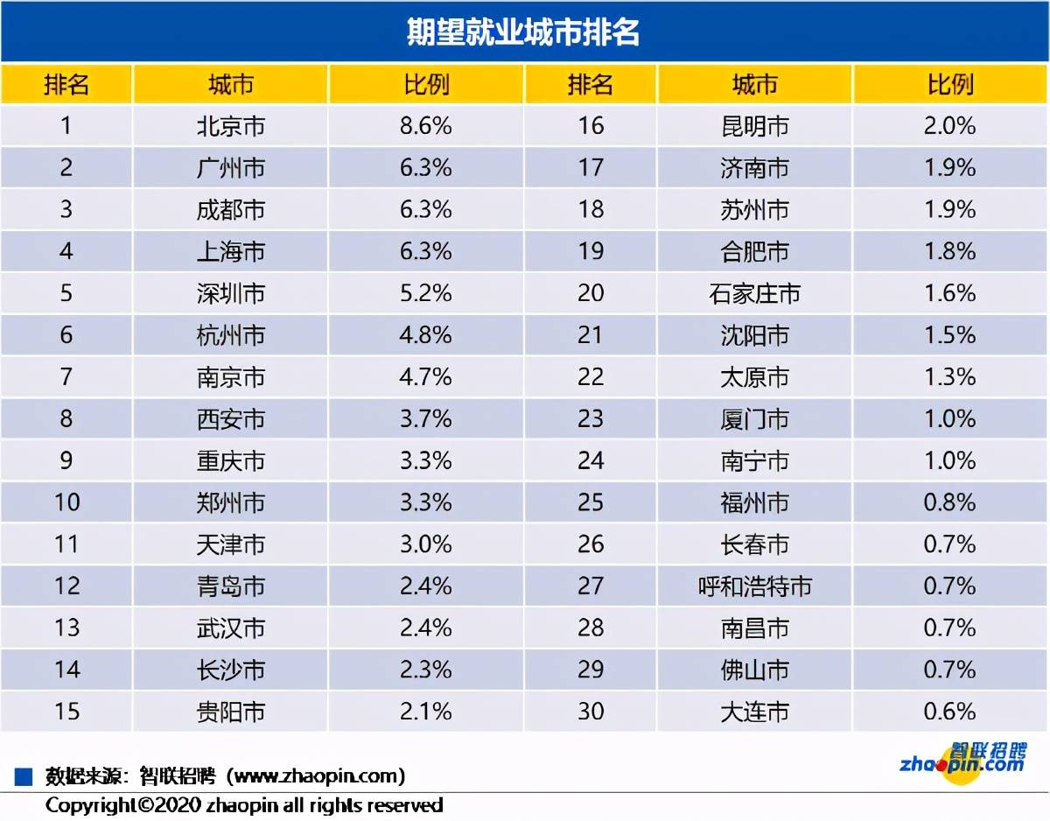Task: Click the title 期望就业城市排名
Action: [x=524, y=32]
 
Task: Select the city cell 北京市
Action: [x=230, y=126]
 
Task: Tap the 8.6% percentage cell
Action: [x=426, y=126]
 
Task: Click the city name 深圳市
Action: [x=230, y=293]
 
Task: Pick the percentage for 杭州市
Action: [x=426, y=335]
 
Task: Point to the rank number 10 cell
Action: [x=66, y=502]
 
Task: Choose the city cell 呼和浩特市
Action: [x=754, y=586]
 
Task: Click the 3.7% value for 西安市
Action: [x=426, y=418]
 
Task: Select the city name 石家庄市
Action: [x=754, y=293]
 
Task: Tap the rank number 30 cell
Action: [x=591, y=712]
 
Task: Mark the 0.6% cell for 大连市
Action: [x=949, y=712]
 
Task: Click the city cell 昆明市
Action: [x=754, y=126]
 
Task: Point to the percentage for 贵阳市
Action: [x=426, y=712]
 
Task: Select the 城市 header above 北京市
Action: [x=230, y=85]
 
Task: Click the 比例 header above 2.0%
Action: [x=949, y=85]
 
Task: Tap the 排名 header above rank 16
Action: [x=591, y=85]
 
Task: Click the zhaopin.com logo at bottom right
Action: [x=962, y=759]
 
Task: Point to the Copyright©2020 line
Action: [x=244, y=804]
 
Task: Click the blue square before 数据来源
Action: [x=24, y=776]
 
